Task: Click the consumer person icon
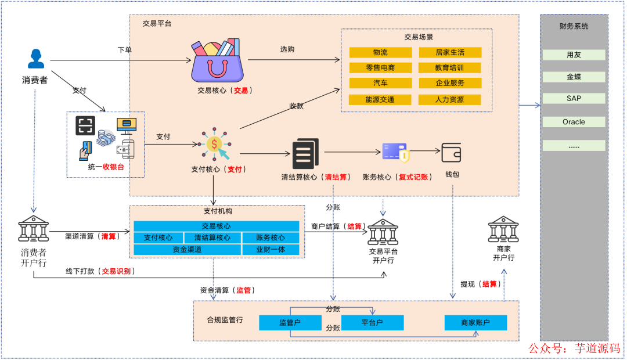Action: [x=36, y=59]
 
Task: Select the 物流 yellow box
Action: [x=380, y=52]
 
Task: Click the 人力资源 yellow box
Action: [x=449, y=99]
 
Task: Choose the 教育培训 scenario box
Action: [x=449, y=68]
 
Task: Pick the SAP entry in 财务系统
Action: [x=574, y=99]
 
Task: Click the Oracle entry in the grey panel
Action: [x=574, y=122]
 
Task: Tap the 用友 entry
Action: [x=574, y=55]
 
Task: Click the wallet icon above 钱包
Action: [x=451, y=153]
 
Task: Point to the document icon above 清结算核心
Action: [x=305, y=153]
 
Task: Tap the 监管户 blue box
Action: [x=290, y=322]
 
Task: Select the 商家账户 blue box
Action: [x=475, y=322]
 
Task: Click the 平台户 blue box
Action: [x=372, y=322]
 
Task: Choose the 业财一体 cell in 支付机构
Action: [x=270, y=250]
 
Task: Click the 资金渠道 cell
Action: [x=187, y=250]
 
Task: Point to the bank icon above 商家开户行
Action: [x=503, y=229]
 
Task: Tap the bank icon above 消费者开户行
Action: [x=34, y=228]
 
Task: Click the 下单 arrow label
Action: [x=124, y=50]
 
